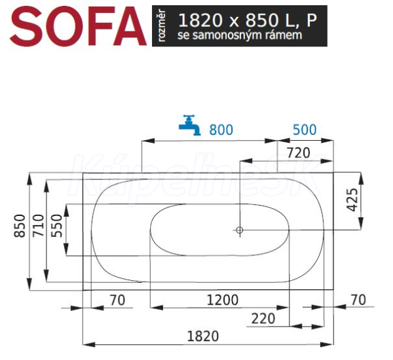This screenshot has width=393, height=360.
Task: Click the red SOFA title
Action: point(78,26)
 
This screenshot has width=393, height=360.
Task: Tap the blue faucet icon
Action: point(190,125)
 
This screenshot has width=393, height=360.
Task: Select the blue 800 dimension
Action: point(221,130)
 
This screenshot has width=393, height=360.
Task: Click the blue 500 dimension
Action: point(305,130)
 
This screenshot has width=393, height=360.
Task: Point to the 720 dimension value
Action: point(298,153)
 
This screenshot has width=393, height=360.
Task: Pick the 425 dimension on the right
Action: point(353,200)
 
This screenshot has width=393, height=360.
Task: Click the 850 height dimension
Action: point(20,226)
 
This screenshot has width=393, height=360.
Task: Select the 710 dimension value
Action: point(39,225)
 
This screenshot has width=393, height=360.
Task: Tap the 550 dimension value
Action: point(56,226)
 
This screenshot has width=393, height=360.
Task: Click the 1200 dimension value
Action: point(223,300)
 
